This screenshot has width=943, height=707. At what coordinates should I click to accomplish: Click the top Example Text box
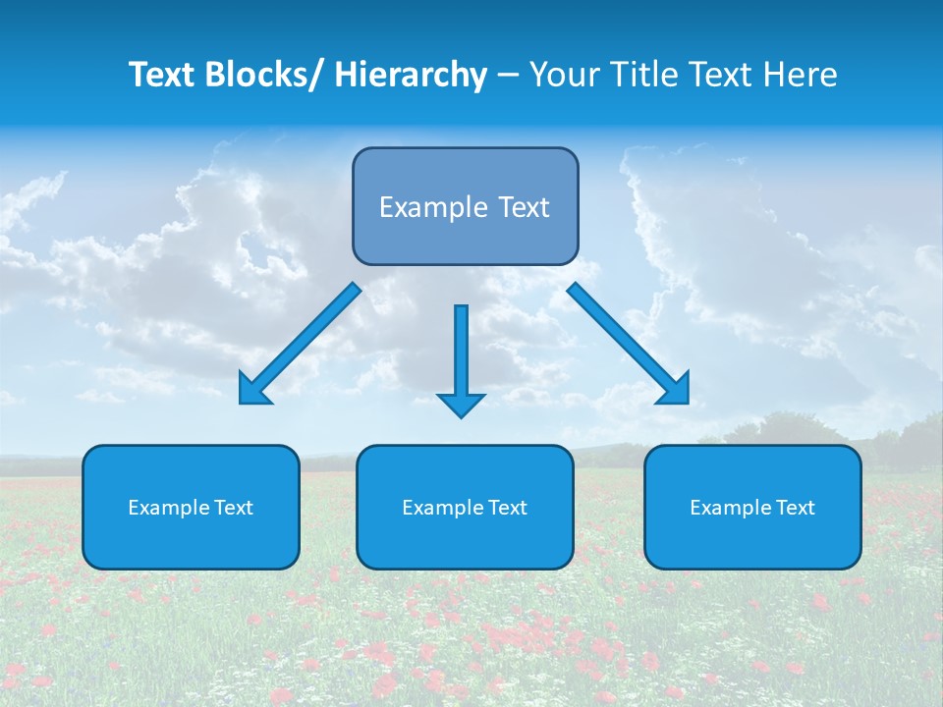pyautogui.click(x=465, y=206)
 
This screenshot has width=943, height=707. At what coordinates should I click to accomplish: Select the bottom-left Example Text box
pyautogui.click(x=191, y=507)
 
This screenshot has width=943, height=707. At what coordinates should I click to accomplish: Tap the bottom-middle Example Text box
pyautogui.click(x=465, y=507)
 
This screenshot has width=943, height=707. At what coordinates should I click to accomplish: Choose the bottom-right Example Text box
pyautogui.click(x=752, y=507)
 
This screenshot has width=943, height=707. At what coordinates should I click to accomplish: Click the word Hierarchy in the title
pyautogui.click(x=411, y=76)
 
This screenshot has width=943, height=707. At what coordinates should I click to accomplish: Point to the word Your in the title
pyautogui.click(x=564, y=76)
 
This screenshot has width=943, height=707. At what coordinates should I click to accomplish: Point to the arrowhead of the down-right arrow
pyautogui.click(x=676, y=390)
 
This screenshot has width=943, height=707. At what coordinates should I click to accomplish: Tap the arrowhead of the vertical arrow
pyautogui.click(x=461, y=404)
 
